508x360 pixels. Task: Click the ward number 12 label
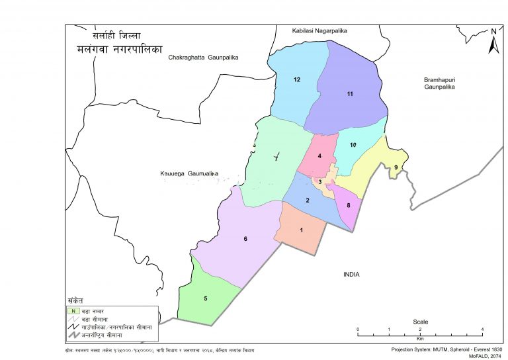[x=297, y=80]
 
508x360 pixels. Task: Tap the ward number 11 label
[x=350, y=95]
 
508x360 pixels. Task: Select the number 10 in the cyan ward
[x=353, y=145]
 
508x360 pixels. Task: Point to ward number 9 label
[x=396, y=167]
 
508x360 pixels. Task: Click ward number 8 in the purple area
[x=348, y=206]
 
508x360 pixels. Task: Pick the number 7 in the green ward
[x=276, y=159]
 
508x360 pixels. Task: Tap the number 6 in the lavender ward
[x=245, y=238]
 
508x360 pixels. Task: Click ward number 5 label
[x=205, y=298]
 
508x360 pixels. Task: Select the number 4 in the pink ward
[x=319, y=156]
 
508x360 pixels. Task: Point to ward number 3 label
[x=320, y=182]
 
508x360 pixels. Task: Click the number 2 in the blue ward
[x=307, y=201]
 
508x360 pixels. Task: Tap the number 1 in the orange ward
[x=302, y=230]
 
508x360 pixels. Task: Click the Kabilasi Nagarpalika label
[x=319, y=30]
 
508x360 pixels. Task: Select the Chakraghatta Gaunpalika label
[x=203, y=58]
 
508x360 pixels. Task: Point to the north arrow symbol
[x=493, y=41]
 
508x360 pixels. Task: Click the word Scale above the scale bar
[x=420, y=322]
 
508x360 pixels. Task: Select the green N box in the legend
[x=73, y=310]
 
